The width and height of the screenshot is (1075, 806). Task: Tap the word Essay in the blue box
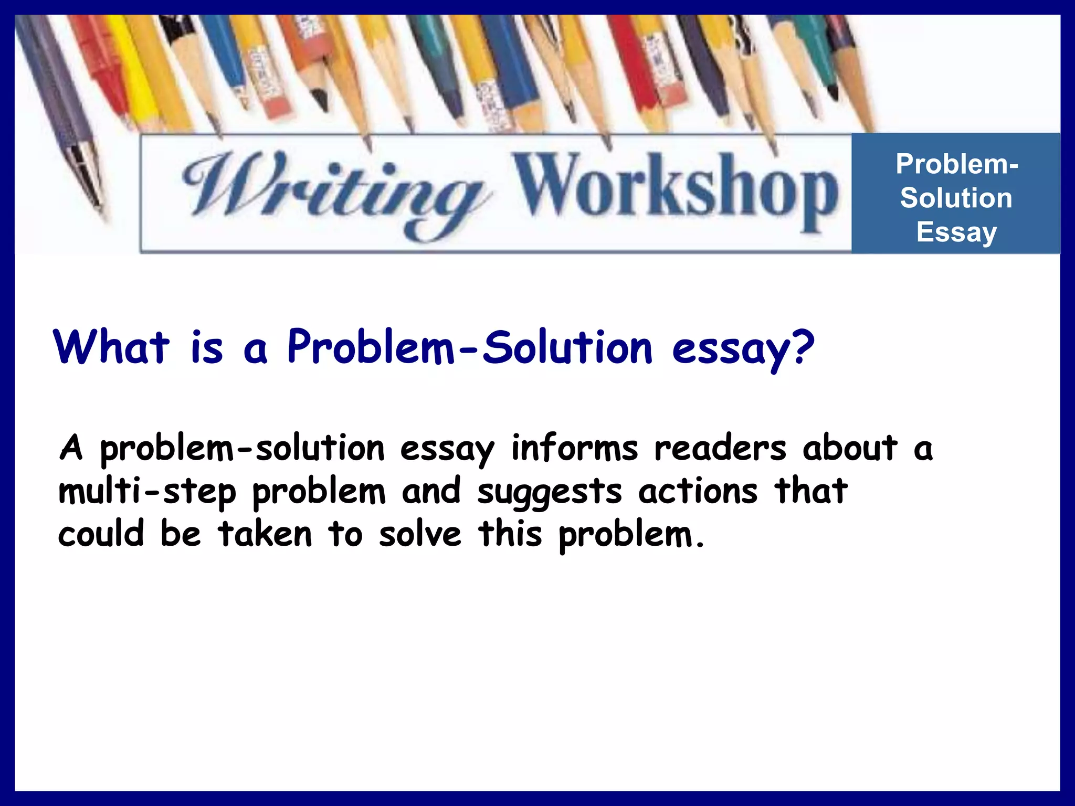(956, 232)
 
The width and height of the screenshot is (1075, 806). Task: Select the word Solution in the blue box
(956, 198)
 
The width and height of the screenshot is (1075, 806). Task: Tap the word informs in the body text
(574, 449)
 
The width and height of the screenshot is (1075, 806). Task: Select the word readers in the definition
(720, 449)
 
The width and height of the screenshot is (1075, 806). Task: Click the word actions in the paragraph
(698, 492)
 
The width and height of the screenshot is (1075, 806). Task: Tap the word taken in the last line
(265, 534)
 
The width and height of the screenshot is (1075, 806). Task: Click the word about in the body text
(850, 449)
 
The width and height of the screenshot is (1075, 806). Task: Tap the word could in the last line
(101, 534)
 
